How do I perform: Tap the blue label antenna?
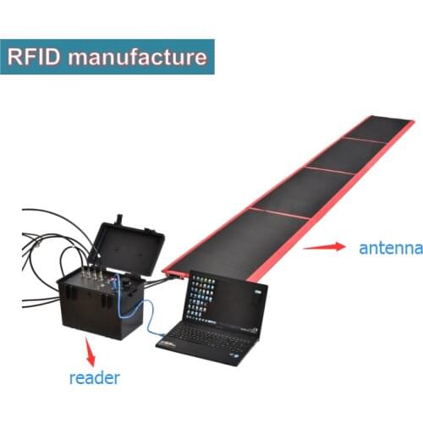click(390, 248)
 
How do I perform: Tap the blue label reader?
click(93, 377)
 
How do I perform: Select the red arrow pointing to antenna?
click(324, 247)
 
